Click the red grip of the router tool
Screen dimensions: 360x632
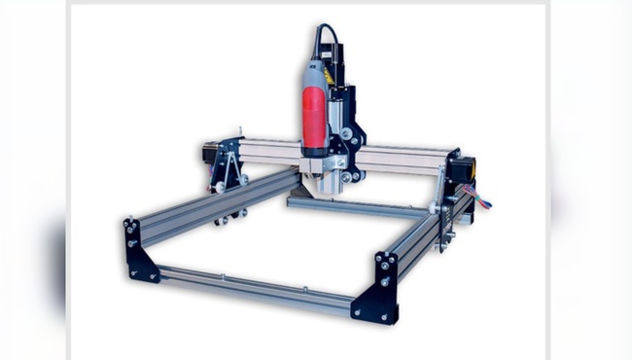tap(314, 117)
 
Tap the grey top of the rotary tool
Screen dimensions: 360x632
tap(317, 73)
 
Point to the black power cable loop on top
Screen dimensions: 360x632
tap(321, 37)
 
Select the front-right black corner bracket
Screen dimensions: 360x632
tap(380, 288)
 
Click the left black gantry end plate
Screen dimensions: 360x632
tap(229, 165)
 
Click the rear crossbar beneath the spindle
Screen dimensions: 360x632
tap(360, 207)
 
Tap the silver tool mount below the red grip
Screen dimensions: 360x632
tap(315, 165)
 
